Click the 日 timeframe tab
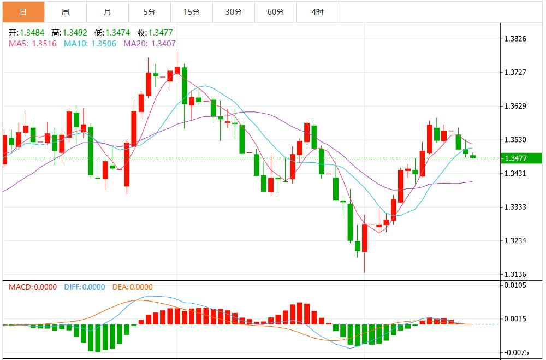tap(23, 11)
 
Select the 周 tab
tap(65, 11)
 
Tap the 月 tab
tap(107, 11)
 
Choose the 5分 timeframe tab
tap(149, 11)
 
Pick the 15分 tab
tap(191, 11)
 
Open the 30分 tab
tap(233, 11)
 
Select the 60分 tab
tap(275, 11)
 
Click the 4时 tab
tap(317, 11)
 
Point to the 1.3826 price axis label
tap(515, 39)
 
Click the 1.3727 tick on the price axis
tap(515, 72)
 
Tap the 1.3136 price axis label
tap(515, 274)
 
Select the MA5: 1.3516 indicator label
tap(32, 43)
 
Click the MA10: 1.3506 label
tap(90, 43)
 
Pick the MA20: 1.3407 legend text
tap(149, 43)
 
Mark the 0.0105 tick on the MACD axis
tap(515, 285)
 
